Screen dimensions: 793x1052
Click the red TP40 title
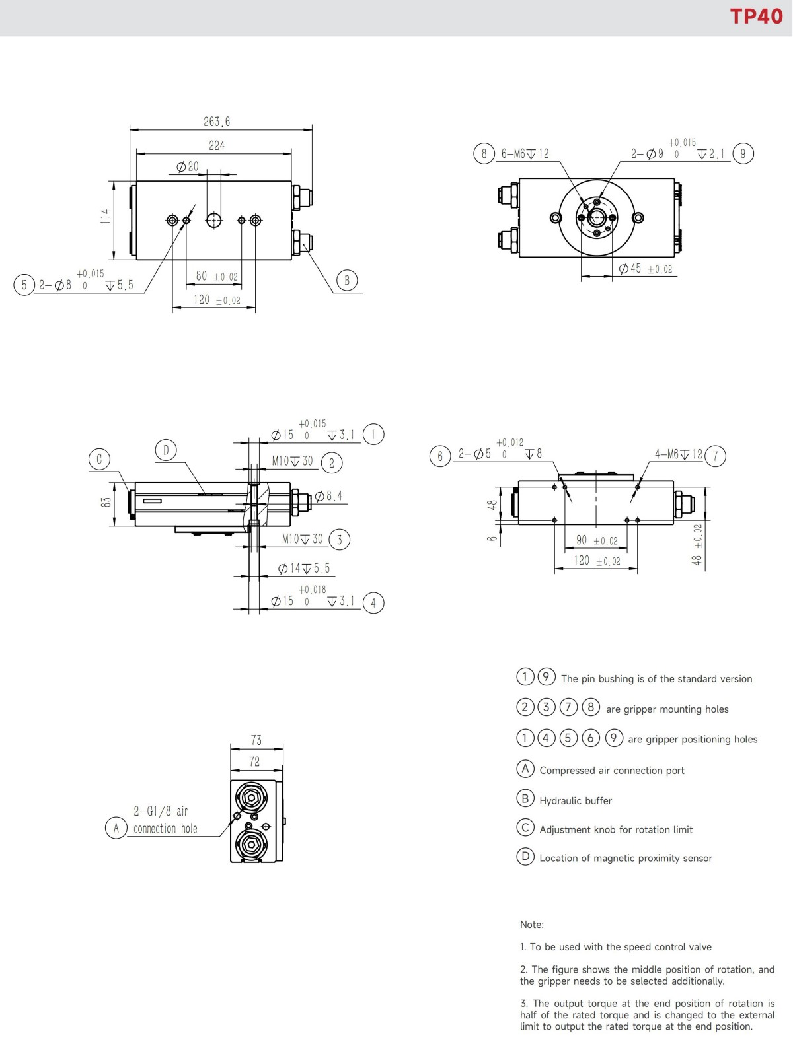[x=756, y=17]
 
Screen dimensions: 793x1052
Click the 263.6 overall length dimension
[x=217, y=122]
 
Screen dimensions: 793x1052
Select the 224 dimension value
[x=217, y=145]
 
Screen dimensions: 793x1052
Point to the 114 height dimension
[x=106, y=216]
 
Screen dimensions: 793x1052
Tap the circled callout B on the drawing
[x=347, y=281]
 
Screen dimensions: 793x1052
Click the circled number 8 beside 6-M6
[x=484, y=153]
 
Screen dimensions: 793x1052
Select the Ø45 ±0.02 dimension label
[x=646, y=269]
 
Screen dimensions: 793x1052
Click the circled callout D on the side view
[x=166, y=450]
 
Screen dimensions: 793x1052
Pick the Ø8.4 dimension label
[x=328, y=495]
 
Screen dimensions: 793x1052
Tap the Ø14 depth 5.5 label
[x=304, y=569]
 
